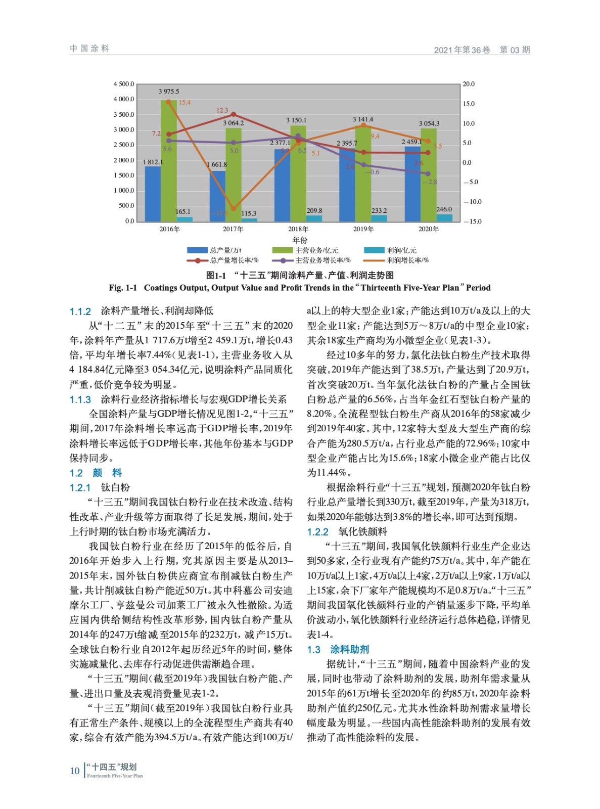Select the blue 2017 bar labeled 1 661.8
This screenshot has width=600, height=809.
[217, 196]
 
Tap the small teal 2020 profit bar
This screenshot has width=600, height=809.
[444, 217]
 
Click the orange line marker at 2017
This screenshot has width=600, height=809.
[233, 208]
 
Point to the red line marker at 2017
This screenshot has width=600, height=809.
[233, 115]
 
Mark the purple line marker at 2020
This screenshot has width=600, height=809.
[428, 173]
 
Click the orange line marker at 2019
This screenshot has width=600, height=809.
[363, 125]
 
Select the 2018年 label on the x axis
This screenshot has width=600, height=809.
[298, 229]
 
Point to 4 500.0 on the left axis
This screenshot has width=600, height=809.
[124, 84]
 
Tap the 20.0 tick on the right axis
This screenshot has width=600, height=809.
[469, 84]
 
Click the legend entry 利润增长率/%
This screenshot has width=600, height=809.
[407, 260]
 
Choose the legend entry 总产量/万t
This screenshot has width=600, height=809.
[225, 250]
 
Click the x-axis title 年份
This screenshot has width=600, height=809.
[300, 240]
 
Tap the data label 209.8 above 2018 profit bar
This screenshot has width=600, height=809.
[314, 211]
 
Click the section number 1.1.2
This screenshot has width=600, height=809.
[80, 311]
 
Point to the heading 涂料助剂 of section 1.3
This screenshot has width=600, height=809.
[349, 649]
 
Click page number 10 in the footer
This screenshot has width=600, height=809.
[75, 771]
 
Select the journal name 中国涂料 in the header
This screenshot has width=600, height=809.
[90, 49]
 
